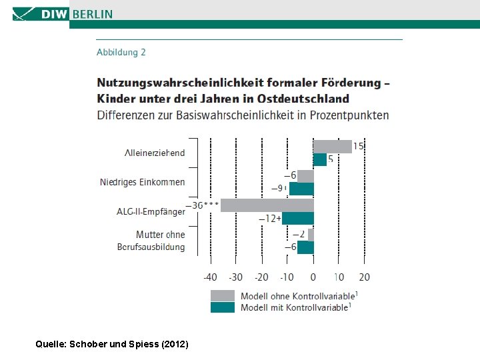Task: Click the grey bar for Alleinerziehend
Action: tap(333, 147)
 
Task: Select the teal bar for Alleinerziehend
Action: tap(320, 159)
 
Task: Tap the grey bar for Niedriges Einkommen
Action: tap(305, 176)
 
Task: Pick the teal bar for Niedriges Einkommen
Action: tap(301, 189)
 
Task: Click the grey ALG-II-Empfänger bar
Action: tap(267, 205)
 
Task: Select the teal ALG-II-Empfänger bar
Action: tap(298, 218)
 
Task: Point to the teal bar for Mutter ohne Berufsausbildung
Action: tap(305, 247)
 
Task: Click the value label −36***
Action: tap(203, 205)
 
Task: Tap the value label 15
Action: tap(358, 146)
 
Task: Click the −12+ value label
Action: tap(270, 219)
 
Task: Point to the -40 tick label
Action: tap(210, 277)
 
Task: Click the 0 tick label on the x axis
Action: tap(313, 277)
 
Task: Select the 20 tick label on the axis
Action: tap(364, 277)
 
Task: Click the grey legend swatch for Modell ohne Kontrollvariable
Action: tap(223, 296)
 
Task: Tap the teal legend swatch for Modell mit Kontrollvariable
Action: tap(223, 307)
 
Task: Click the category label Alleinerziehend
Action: tap(155, 153)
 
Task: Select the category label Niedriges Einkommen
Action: tap(143, 182)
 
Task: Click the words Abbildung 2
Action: tap(121, 53)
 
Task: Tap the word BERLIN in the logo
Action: tap(93, 14)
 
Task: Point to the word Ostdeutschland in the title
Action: tap(303, 99)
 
